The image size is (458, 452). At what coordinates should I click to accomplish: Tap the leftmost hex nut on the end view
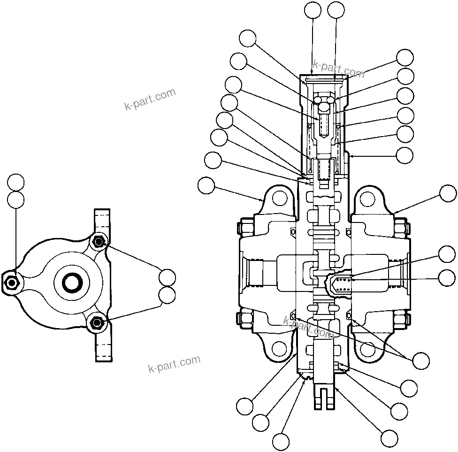point(11,283)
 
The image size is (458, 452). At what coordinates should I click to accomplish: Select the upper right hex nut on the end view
point(98,242)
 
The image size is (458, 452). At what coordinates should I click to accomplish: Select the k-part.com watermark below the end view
point(174,363)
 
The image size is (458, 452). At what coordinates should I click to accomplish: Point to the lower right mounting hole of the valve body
point(367,348)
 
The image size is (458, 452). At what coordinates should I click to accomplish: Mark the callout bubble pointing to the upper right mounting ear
point(447,193)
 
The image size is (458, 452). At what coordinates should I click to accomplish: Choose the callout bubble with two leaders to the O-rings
point(420,360)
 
